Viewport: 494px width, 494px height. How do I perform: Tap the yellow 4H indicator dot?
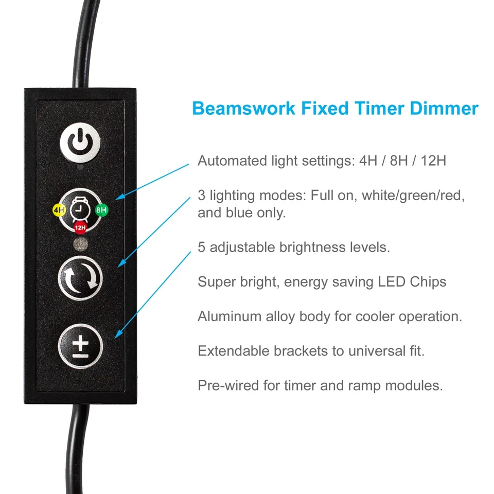58,210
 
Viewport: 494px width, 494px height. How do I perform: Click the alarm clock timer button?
80,209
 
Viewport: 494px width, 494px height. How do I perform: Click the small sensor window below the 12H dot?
80,243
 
